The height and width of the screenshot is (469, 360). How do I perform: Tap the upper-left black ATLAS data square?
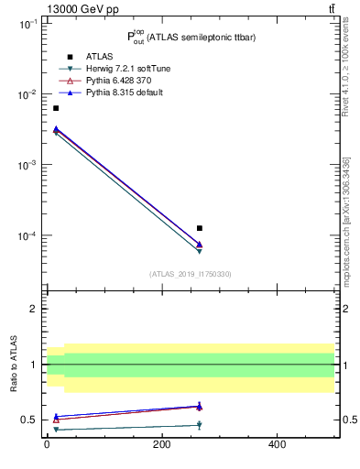click(x=56, y=108)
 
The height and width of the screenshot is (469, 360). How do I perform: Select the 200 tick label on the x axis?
click(x=161, y=445)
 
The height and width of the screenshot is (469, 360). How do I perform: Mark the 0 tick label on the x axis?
click(x=47, y=445)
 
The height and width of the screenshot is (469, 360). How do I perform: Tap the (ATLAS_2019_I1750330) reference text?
click(x=191, y=274)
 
